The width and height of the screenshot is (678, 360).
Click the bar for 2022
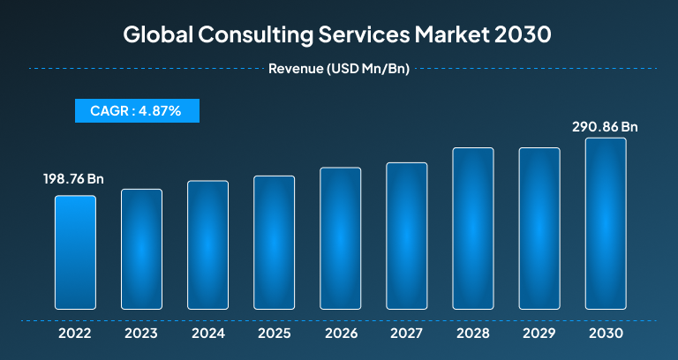click(x=75, y=252)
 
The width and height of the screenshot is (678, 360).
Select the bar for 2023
click(x=141, y=249)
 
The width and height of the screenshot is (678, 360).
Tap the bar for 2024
click(x=207, y=244)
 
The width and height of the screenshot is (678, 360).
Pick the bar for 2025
click(x=274, y=243)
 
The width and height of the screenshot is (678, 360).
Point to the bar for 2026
click(x=340, y=238)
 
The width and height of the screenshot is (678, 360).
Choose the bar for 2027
click(x=406, y=236)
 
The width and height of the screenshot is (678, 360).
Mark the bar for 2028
click(x=472, y=229)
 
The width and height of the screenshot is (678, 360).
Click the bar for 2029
click(x=539, y=229)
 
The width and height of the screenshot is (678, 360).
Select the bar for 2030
click(x=605, y=223)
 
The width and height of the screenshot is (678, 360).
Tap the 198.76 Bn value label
click(x=74, y=179)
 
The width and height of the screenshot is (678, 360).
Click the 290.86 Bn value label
click(x=605, y=127)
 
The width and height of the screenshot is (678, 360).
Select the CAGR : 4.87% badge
click(x=136, y=110)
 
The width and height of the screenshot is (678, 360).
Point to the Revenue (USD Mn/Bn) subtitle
click(x=338, y=68)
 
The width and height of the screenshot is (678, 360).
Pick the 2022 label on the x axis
click(x=75, y=334)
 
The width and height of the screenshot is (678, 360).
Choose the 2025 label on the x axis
click(x=274, y=334)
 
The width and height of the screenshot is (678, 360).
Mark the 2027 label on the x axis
click(x=406, y=334)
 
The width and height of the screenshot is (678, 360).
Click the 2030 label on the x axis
click(x=605, y=334)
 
